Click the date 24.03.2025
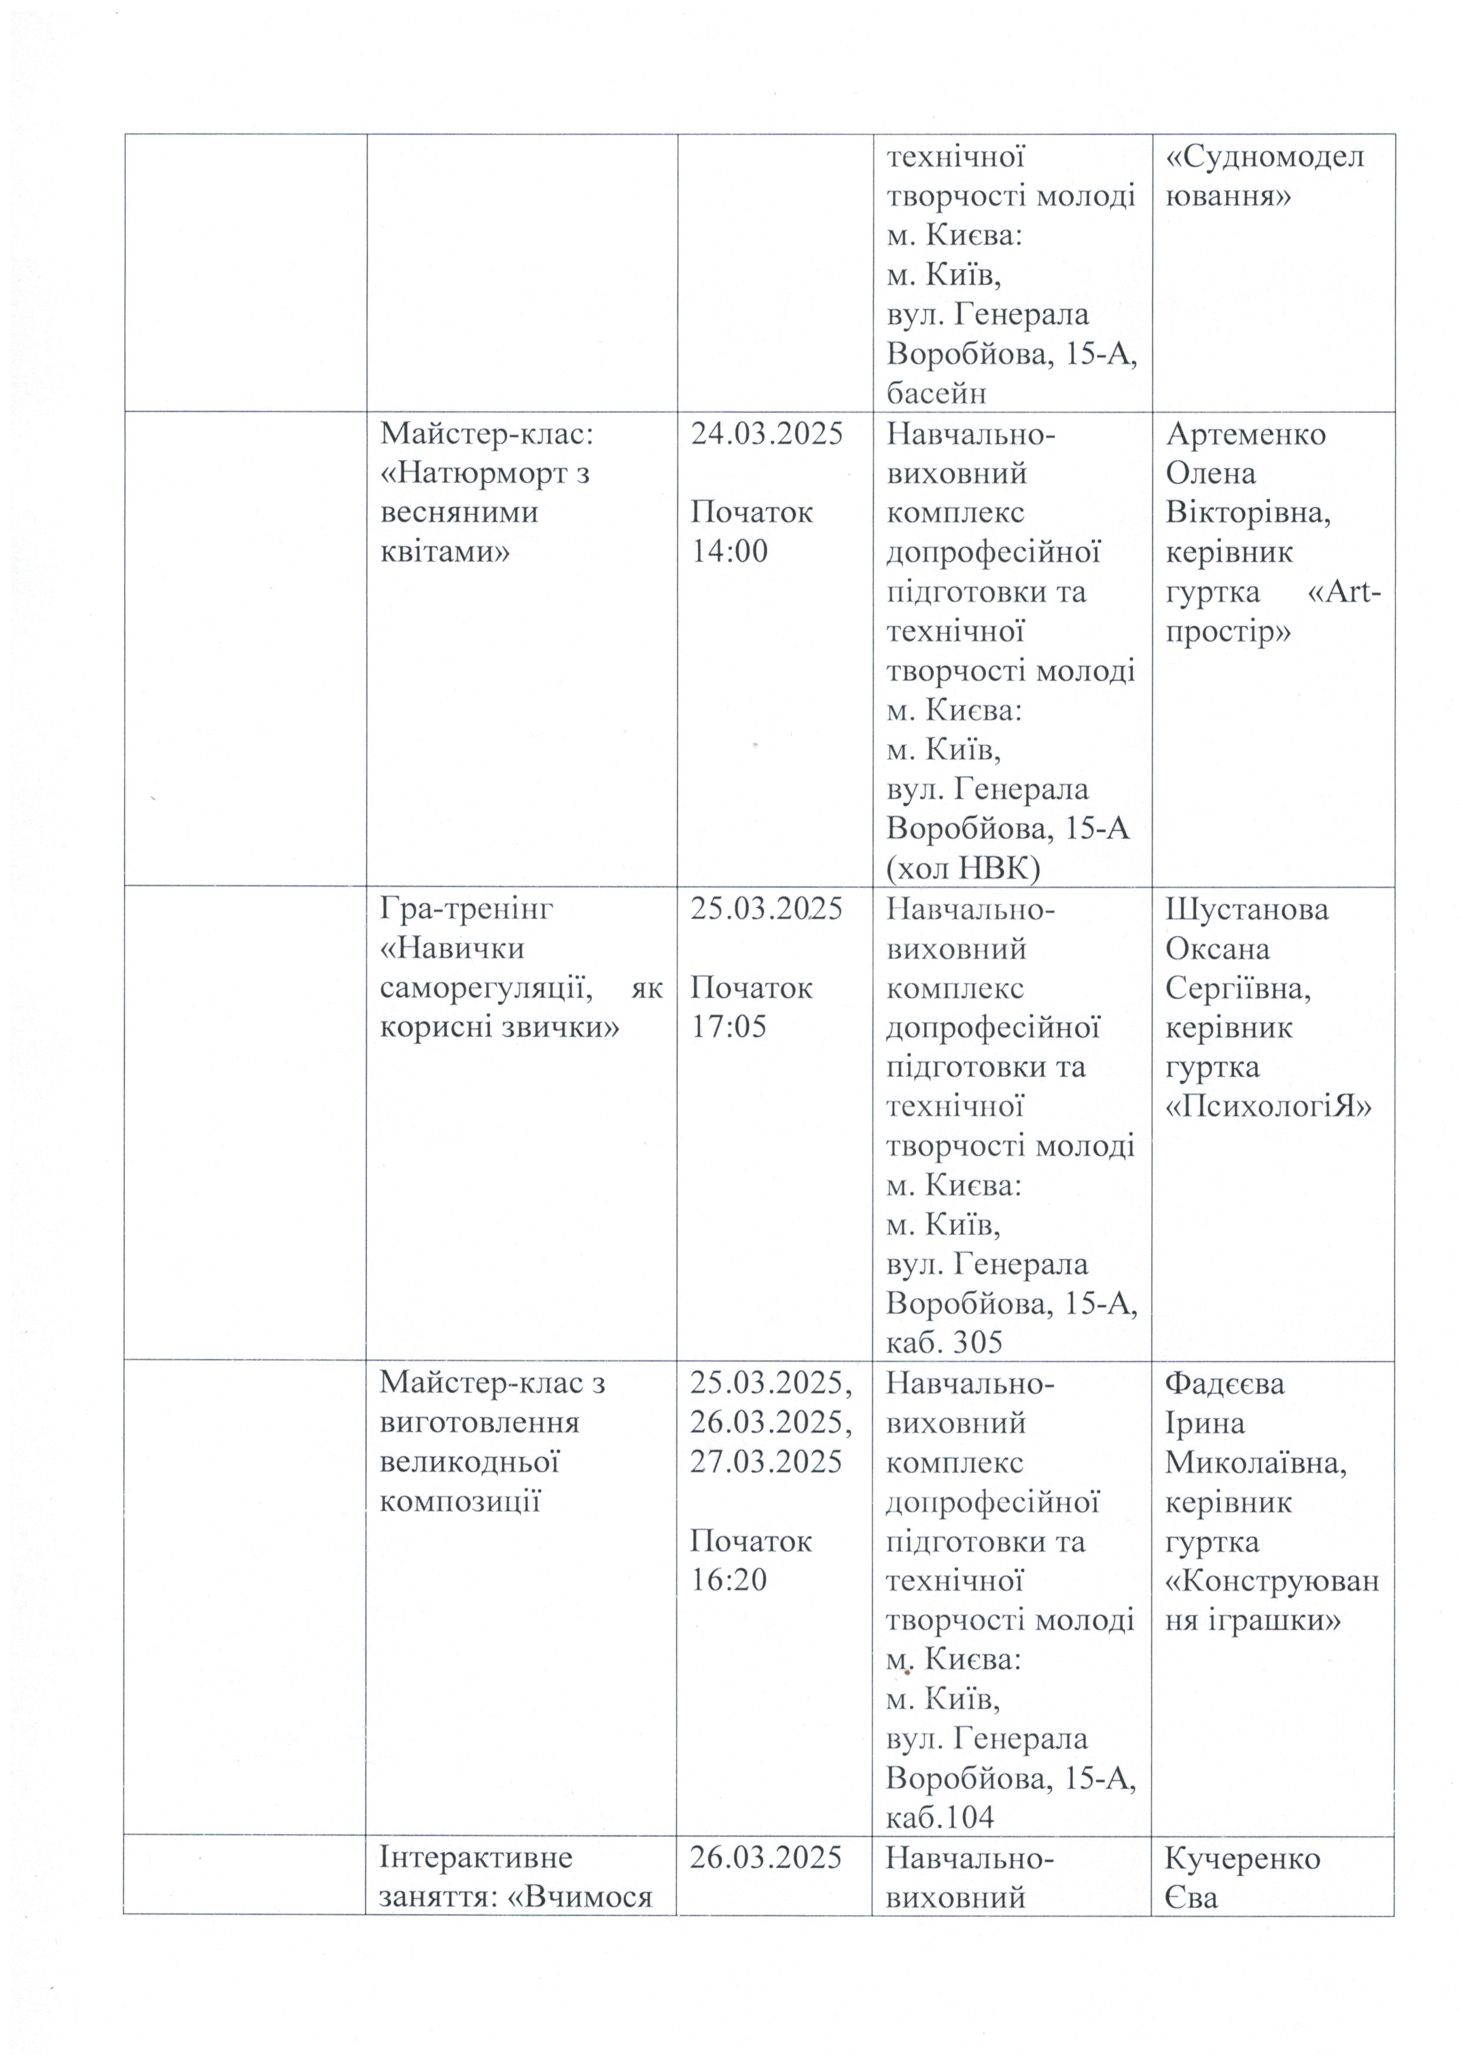[x=766, y=434]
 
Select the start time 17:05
[x=729, y=1026]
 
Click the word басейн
[x=937, y=393]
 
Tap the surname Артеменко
[x=1246, y=434]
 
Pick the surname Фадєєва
[x=1225, y=1382]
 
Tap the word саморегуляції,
[x=485, y=988]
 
